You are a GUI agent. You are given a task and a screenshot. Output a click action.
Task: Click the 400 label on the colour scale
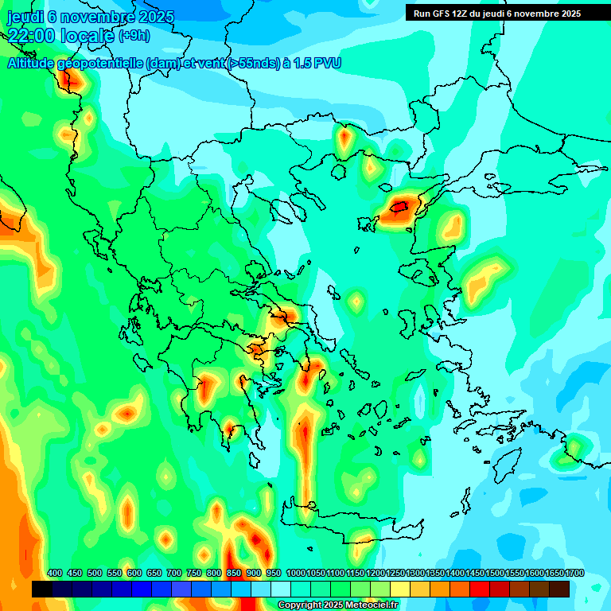pos(55,573)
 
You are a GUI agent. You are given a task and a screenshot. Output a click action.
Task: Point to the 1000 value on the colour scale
pos(296,573)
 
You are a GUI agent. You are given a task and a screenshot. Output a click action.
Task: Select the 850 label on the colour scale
pos(234,573)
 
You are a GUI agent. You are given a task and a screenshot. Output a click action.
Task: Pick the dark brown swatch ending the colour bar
pos(559,589)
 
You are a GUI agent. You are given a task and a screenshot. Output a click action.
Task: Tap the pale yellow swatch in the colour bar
pos(400,589)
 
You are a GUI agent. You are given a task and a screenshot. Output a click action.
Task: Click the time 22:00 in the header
pos(32,36)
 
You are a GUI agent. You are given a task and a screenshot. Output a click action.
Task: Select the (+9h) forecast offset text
pos(134,36)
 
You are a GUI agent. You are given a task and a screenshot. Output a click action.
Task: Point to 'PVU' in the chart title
pos(327,64)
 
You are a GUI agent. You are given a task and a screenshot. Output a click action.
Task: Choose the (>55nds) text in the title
pos(253,64)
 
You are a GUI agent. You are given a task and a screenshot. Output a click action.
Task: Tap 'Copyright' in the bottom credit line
pos(300,605)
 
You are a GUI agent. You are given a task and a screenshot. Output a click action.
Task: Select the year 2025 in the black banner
pos(568,14)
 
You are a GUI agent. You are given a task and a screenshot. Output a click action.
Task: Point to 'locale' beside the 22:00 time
pos(88,36)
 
